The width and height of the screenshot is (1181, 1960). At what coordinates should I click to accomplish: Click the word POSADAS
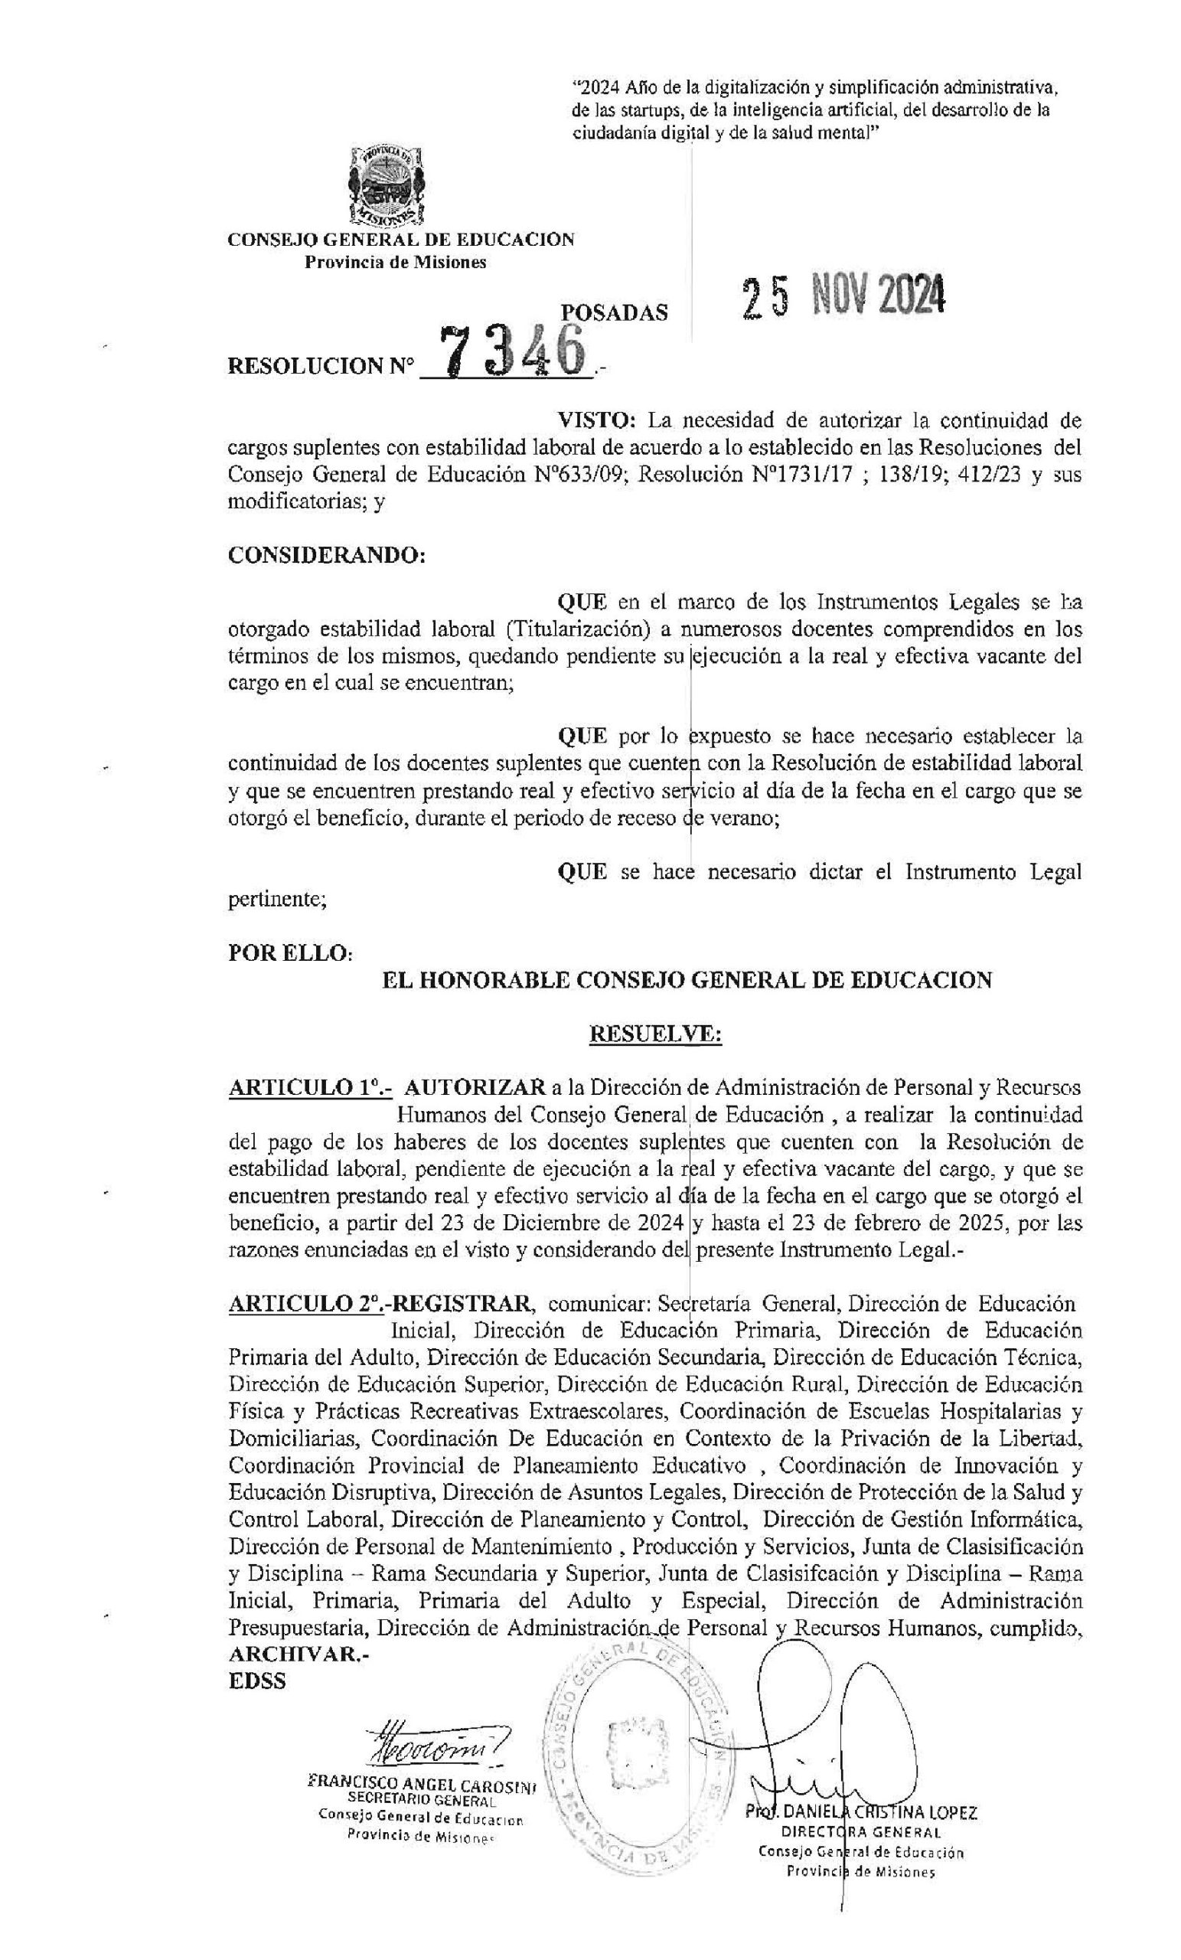(x=614, y=313)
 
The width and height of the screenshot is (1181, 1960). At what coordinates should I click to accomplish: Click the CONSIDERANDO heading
(x=327, y=555)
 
